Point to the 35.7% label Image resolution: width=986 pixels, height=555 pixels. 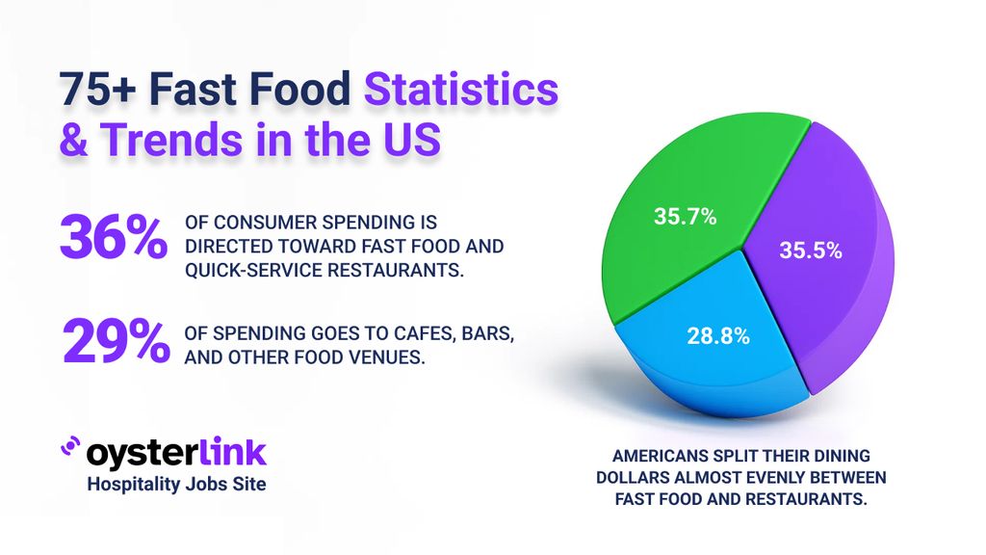(685, 217)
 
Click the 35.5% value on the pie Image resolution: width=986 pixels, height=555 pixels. (810, 251)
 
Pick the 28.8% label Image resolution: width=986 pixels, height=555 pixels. (717, 337)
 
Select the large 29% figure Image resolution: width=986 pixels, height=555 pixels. (113, 342)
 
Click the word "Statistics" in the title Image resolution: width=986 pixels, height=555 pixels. (460, 91)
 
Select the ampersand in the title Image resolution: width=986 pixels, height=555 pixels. (73, 140)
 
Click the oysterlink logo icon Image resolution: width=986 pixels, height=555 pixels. (70, 447)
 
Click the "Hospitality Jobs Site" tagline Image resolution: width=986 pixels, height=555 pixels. (176, 485)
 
